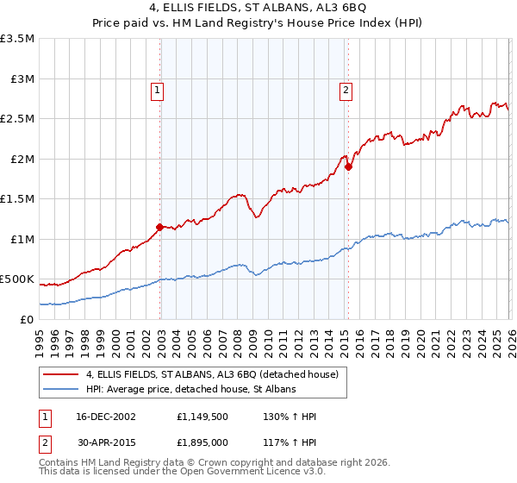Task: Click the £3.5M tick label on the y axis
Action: (17, 39)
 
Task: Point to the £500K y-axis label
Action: (17, 279)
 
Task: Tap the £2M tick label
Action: (21, 159)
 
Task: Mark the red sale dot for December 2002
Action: (160, 228)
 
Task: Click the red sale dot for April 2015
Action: (348, 167)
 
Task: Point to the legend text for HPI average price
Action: (190, 390)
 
